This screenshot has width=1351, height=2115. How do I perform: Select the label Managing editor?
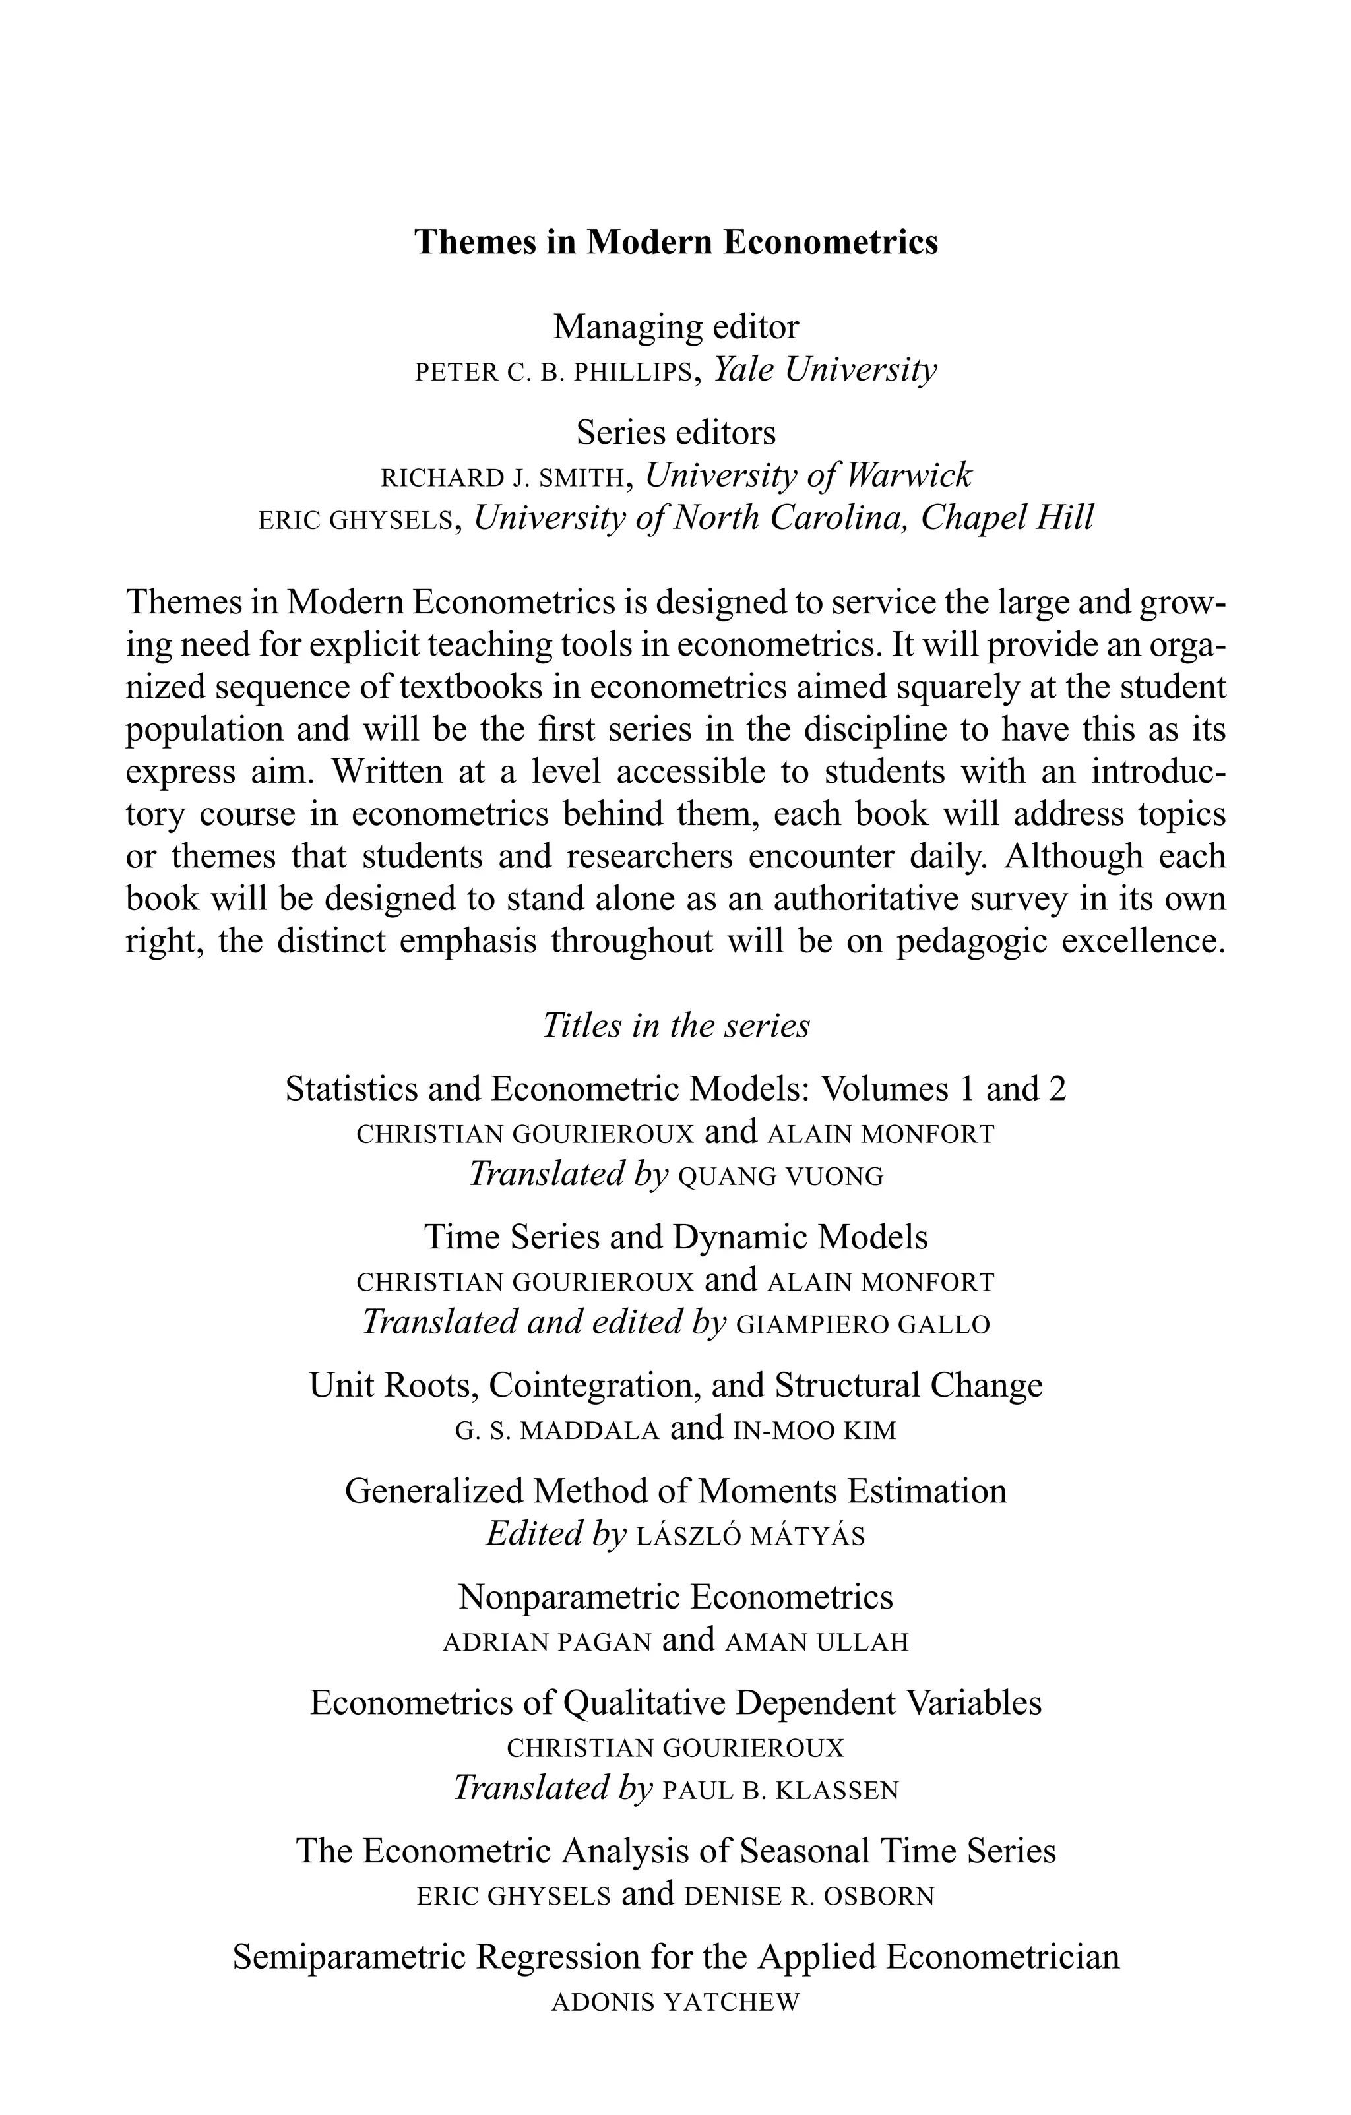[x=675, y=328]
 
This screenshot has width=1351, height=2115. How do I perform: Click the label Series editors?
[x=675, y=433]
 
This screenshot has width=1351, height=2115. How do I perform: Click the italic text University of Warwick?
[x=808, y=476]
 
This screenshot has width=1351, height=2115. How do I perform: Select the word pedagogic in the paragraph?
[x=970, y=942]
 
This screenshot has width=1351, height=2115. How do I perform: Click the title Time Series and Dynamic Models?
[x=675, y=1238]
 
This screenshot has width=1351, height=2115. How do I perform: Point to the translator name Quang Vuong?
[x=781, y=1177]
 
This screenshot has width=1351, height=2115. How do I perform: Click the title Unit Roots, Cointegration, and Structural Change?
[x=675, y=1386]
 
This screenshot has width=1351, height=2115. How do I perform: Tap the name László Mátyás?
[x=749, y=1536]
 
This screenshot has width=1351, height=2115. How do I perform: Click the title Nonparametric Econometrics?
[x=675, y=1597]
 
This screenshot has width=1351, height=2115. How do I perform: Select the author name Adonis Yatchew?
[x=675, y=2003]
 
